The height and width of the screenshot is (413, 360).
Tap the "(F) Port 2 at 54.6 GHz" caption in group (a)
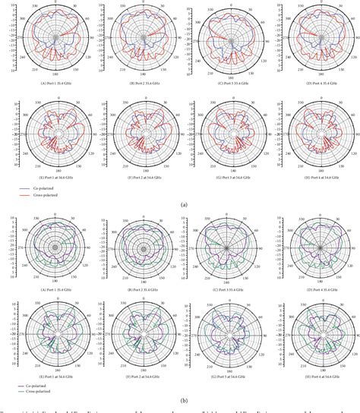tap(138, 175)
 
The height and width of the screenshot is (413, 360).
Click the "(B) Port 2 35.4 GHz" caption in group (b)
tap(138, 290)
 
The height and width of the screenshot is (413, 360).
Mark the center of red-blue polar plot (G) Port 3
tap(223, 131)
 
